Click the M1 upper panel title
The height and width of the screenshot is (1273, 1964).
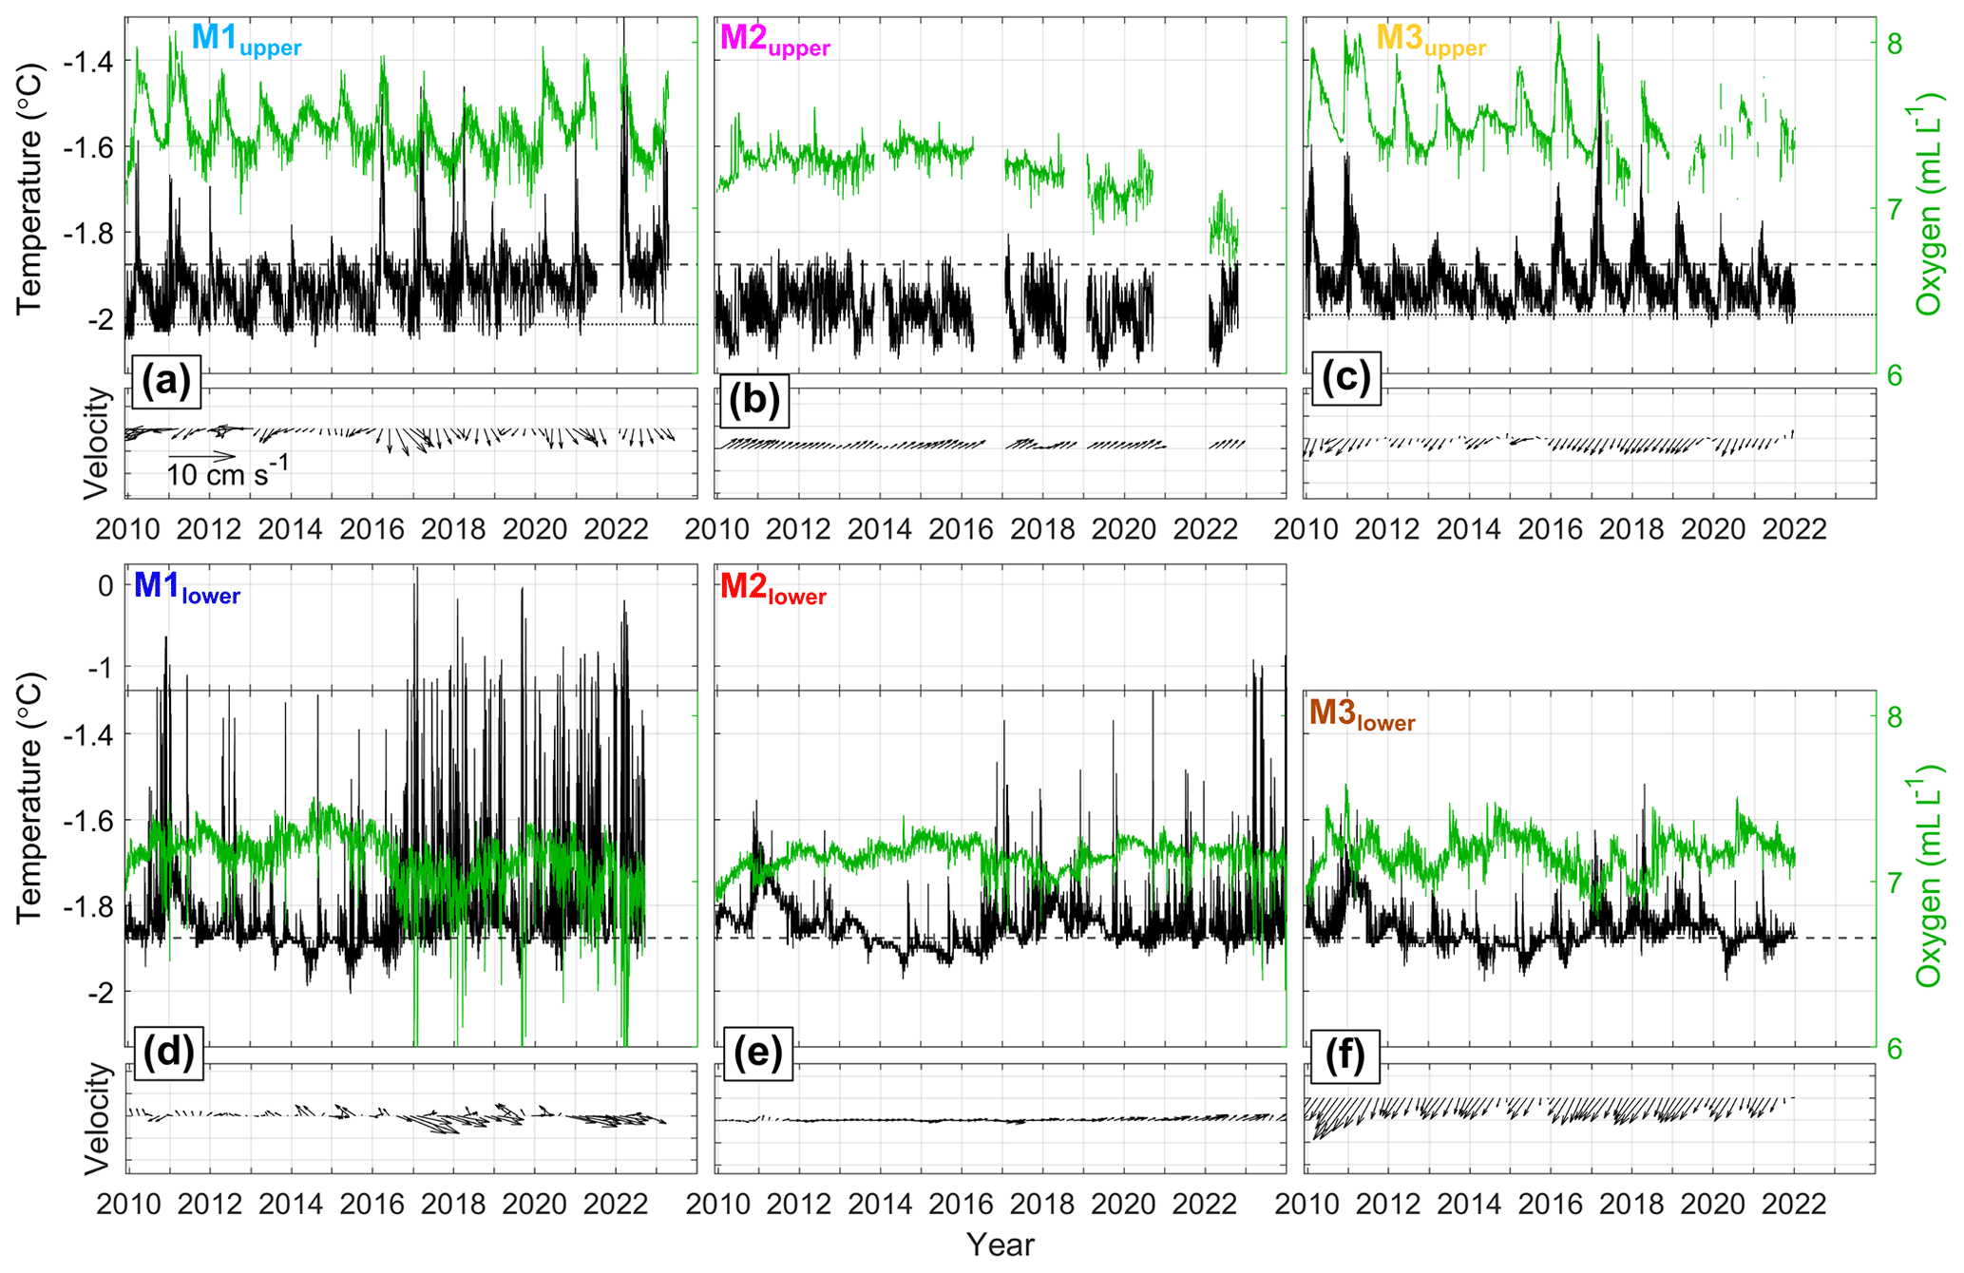point(246,40)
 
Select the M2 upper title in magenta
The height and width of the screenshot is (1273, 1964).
point(774,40)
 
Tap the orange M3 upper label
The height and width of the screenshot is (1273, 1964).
point(1430,40)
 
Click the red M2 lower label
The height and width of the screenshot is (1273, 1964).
point(772,589)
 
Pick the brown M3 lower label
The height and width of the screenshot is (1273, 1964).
point(1362,715)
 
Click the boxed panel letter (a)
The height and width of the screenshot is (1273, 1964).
point(166,381)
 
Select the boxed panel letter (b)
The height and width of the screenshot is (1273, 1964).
point(754,400)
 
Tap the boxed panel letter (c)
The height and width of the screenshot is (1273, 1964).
point(1345,378)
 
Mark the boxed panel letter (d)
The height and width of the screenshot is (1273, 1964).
point(168,1052)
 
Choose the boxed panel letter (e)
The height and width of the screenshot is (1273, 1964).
point(757,1053)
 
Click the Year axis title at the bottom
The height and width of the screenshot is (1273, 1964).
point(1000,1244)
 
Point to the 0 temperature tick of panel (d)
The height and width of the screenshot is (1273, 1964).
point(105,585)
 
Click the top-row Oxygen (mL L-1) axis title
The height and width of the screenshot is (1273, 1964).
point(1929,204)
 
